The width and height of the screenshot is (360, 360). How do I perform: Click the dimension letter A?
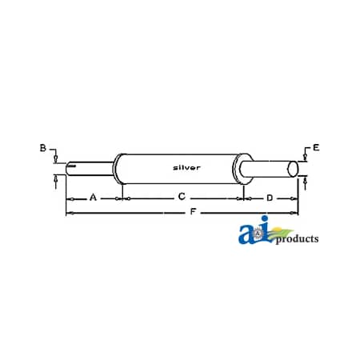[93, 196]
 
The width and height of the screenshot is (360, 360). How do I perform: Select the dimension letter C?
[182, 196]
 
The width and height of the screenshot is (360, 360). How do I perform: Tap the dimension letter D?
[270, 196]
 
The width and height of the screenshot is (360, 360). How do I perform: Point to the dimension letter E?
[316, 148]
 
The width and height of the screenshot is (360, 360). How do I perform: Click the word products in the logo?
[297, 238]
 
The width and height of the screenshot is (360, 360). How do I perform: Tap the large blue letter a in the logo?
[248, 234]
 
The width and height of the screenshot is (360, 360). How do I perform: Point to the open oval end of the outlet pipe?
[294, 169]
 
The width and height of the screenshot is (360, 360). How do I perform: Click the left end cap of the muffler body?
[118, 168]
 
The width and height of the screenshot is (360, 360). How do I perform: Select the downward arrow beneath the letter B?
[55, 158]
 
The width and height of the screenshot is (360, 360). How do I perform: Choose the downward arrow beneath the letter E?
[304, 157]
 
